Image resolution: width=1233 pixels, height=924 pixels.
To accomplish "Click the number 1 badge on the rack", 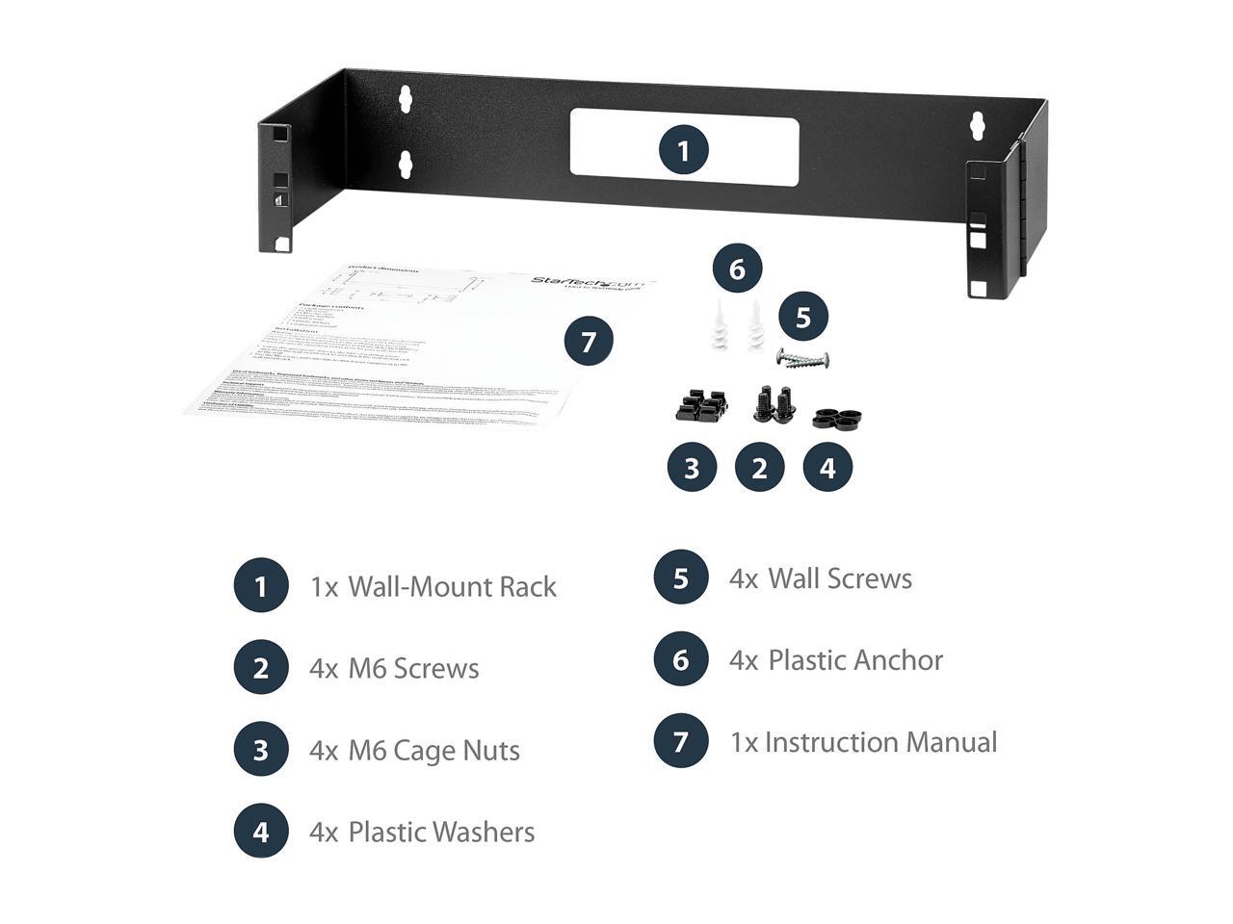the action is [x=683, y=150].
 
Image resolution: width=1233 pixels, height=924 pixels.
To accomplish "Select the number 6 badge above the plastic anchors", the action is [x=737, y=269].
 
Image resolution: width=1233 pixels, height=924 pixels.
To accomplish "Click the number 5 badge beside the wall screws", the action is [x=803, y=317].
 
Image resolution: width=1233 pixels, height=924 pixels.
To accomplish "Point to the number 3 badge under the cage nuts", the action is [x=692, y=468].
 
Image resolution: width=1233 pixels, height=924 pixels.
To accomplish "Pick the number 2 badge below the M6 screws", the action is [x=759, y=468].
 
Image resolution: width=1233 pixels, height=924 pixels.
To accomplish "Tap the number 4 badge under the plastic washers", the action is [x=826, y=468].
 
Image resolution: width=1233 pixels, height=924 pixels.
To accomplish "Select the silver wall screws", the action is [x=803, y=358].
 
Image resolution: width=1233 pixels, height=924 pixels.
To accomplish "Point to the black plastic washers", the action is [x=836, y=418].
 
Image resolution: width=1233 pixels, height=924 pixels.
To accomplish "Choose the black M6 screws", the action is [x=774, y=403].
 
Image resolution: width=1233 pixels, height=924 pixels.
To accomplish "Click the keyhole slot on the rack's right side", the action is [x=978, y=124].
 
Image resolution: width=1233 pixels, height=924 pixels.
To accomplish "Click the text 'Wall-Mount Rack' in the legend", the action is [x=452, y=586].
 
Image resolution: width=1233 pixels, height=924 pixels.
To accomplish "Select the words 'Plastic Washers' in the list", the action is [x=441, y=832].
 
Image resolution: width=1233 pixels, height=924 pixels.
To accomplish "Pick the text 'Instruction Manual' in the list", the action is [x=880, y=742].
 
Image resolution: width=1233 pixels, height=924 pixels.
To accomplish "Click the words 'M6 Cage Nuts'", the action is [x=433, y=750].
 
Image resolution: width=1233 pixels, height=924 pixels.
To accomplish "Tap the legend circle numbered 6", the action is [x=681, y=659].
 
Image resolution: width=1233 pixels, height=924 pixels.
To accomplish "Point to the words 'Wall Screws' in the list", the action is [x=840, y=578].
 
